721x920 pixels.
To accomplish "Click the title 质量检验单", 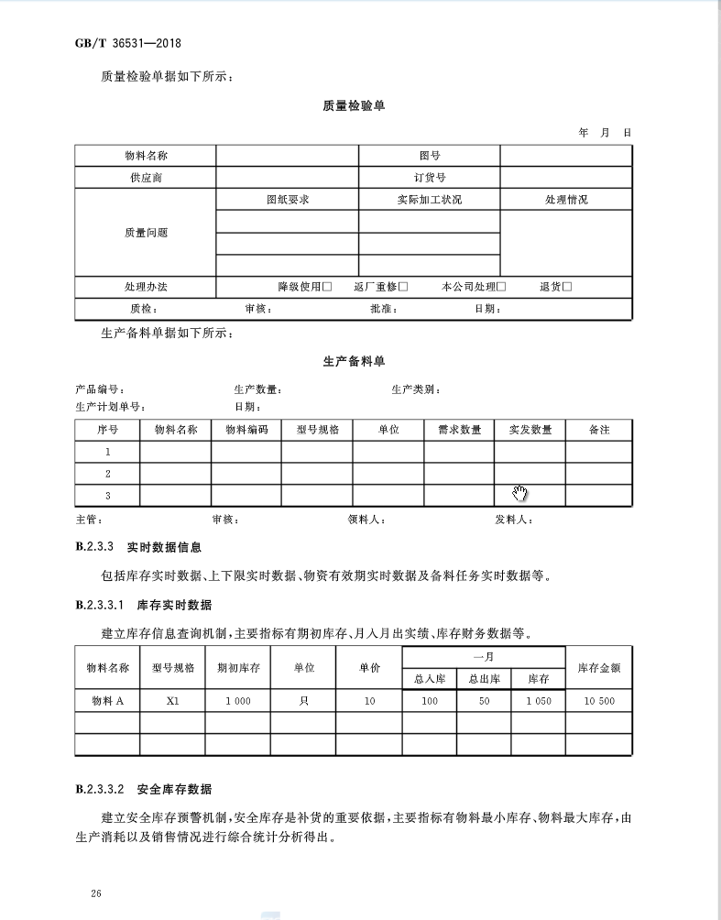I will [x=354, y=105].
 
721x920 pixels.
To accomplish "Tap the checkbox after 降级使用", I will [x=327, y=287].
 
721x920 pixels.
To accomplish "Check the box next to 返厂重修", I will [x=403, y=287].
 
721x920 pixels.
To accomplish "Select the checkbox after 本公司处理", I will [x=501, y=287].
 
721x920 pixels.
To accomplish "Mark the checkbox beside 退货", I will [x=567, y=287].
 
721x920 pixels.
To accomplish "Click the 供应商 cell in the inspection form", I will [x=146, y=178].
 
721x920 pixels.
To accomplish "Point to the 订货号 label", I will [x=429, y=178].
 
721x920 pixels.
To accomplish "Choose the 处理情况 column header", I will [x=566, y=200].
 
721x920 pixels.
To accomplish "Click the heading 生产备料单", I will [x=354, y=362].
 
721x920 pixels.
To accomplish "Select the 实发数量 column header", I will [x=530, y=429].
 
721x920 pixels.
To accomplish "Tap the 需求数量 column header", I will [x=459, y=429].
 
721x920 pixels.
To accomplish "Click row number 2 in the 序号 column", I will [x=107, y=474].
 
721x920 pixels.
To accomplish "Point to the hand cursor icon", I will [x=520, y=495].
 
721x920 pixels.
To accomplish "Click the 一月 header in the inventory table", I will [x=484, y=657].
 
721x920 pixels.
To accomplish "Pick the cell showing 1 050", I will [x=538, y=701].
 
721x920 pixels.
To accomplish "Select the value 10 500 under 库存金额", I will [x=599, y=701].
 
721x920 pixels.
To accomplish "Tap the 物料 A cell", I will [x=107, y=701].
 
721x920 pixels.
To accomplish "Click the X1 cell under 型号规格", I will [x=172, y=701].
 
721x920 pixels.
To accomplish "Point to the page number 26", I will [x=96, y=893].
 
